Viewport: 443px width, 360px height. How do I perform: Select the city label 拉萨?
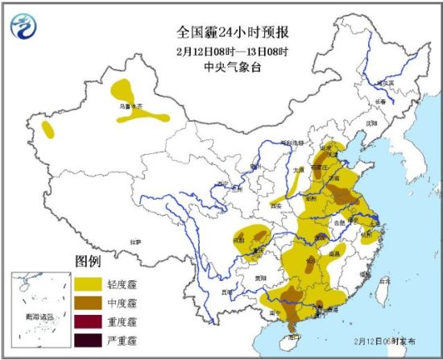pos(138,241)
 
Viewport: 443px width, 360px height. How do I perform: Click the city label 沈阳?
pos(371,123)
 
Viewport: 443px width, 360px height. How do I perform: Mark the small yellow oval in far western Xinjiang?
pos(49,129)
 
